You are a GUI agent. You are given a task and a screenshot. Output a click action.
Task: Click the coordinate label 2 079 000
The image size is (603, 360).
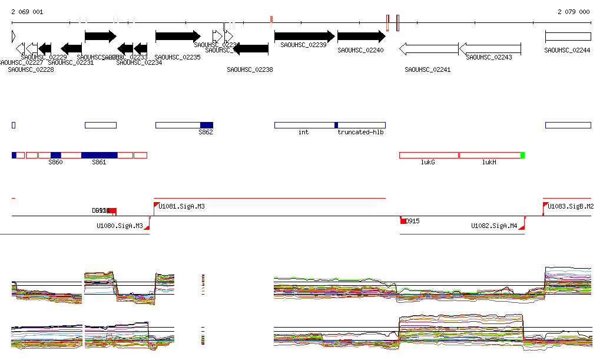coord(574,12)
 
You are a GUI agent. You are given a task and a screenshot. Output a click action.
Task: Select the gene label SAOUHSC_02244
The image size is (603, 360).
coord(568,51)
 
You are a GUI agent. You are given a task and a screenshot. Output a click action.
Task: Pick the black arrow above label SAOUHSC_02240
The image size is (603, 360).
coord(361,37)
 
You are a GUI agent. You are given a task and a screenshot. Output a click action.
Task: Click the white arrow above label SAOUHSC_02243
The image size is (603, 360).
coord(489,48)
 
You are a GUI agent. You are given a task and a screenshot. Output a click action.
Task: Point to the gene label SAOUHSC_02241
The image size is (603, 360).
coord(428,70)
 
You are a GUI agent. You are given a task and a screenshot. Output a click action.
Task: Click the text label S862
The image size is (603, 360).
coord(206,133)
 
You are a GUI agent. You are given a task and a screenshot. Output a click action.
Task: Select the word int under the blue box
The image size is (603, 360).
coord(303,133)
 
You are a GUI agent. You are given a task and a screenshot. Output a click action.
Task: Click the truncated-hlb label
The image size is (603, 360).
coord(360,133)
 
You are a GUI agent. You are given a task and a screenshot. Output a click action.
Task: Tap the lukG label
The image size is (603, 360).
coord(428,162)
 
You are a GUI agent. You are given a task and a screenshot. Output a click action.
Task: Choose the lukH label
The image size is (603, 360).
coord(489,162)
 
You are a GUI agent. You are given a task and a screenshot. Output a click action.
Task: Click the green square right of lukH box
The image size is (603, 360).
coord(522,155)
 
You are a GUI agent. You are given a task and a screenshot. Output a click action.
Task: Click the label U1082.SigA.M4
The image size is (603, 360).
coord(493,226)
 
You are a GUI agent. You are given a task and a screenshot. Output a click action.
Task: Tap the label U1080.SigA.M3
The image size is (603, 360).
coord(120,226)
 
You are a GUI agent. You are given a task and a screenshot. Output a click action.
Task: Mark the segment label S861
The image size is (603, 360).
coord(99,162)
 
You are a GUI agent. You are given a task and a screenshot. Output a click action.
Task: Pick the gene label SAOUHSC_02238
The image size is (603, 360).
coord(250,70)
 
